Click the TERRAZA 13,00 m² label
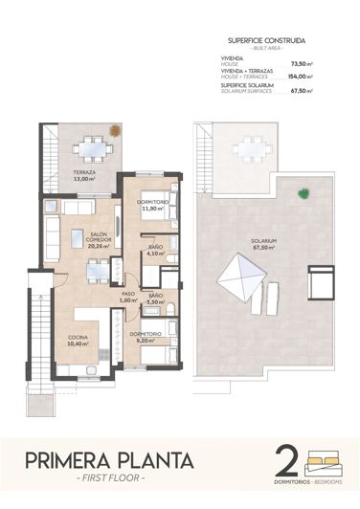point(84,176)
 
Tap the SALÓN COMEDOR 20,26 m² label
point(99,239)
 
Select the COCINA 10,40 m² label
point(79,339)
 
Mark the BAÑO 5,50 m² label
point(155,299)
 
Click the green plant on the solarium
point(304,193)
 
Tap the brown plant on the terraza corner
point(115,131)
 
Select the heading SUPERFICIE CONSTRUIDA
point(267,41)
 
